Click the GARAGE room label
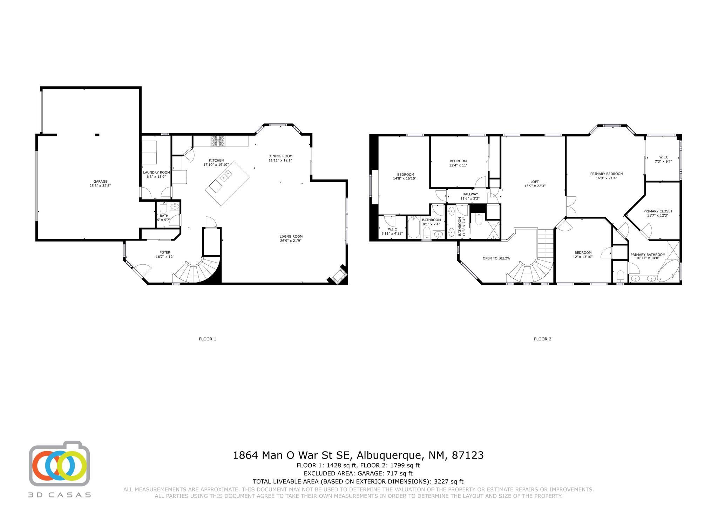[100, 182]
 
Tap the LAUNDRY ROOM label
[156, 172]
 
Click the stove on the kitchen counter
[218, 141]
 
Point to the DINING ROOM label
[280, 156]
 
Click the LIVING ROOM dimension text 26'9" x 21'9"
[291, 241]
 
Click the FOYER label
[165, 252]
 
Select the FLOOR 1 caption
[208, 339]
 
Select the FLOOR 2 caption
[542, 339]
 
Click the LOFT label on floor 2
[535, 182]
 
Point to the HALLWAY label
[470, 194]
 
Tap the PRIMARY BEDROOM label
[607, 174]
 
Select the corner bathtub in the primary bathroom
[668, 271]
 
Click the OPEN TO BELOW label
[496, 258]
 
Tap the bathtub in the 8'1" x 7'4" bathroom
[414, 228]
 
